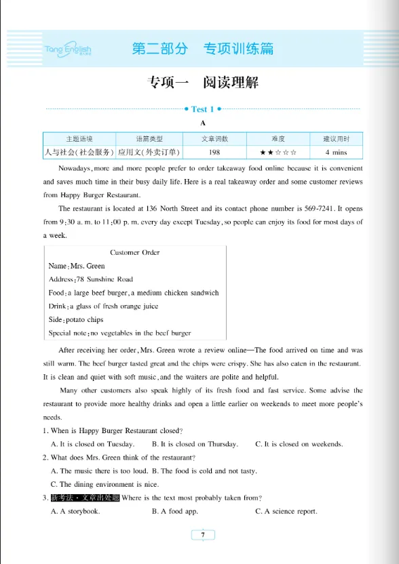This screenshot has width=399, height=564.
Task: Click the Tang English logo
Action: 68,49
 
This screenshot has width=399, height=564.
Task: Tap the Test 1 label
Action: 202,109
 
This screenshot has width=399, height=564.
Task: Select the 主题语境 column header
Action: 79,139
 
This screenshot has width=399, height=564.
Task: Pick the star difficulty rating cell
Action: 278,153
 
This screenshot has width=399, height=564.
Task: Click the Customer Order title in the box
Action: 135,253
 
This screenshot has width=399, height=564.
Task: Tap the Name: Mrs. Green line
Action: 77,266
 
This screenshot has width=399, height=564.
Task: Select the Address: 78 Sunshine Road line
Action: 91,279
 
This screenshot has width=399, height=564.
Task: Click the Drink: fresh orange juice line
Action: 103,306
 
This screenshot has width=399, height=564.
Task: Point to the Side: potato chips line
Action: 76,319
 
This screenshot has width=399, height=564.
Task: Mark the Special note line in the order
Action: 119,333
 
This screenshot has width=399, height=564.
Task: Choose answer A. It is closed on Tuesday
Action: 92,444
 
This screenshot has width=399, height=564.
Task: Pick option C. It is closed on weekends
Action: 299,444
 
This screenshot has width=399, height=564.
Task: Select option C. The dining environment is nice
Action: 104,484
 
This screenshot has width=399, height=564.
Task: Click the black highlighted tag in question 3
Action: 85,498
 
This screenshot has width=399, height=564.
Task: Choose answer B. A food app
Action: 174,511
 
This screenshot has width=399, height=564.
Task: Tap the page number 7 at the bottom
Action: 202,535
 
